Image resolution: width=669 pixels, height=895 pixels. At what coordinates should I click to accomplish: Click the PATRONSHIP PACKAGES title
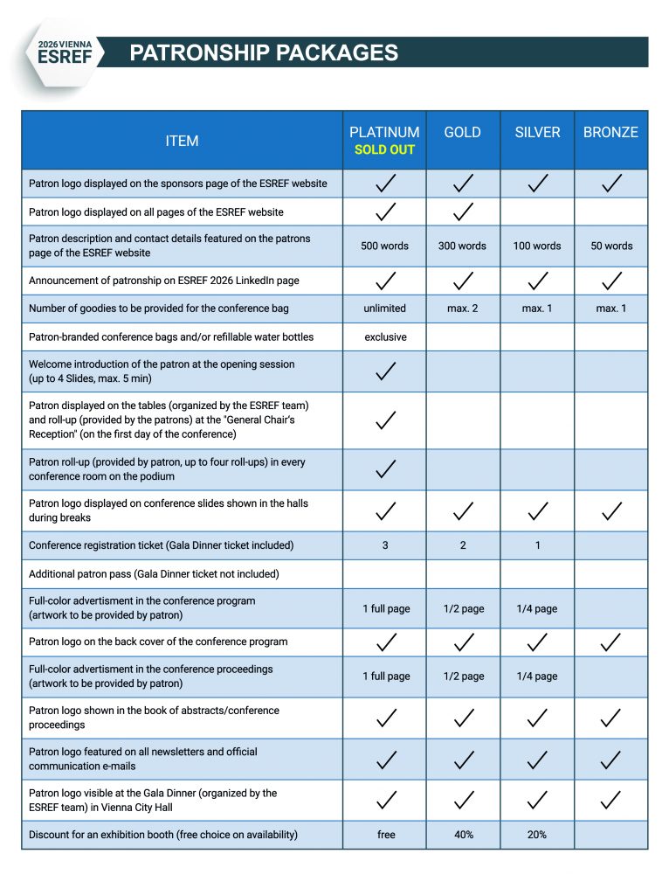point(264,53)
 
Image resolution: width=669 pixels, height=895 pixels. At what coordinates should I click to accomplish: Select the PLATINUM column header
point(384,132)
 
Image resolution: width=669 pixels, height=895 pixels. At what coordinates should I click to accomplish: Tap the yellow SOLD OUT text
point(384,149)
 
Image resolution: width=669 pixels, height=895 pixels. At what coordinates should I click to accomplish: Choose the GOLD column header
point(462,132)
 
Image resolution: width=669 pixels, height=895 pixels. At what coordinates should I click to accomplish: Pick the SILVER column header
point(536,132)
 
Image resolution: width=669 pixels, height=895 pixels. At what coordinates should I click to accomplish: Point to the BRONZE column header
point(610,132)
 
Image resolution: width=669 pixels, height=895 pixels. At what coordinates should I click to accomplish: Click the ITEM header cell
point(182,141)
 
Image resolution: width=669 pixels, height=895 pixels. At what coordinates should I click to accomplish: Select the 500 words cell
point(384,246)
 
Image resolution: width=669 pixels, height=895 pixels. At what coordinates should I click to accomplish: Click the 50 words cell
point(611,246)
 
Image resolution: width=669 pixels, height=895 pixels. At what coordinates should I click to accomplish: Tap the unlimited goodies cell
point(384,309)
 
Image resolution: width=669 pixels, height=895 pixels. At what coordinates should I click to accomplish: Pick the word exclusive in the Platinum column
point(385,336)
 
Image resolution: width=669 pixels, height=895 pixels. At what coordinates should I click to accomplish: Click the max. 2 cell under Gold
point(462,309)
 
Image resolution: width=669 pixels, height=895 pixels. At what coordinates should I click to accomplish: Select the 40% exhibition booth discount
point(463,835)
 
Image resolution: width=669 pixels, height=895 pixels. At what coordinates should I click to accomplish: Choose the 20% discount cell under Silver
point(537,835)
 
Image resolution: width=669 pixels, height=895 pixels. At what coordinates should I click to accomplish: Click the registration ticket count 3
point(385,545)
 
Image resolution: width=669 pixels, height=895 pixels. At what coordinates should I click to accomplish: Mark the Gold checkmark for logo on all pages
point(463,212)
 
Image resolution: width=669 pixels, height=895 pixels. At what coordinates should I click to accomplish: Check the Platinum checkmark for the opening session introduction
point(385,371)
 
